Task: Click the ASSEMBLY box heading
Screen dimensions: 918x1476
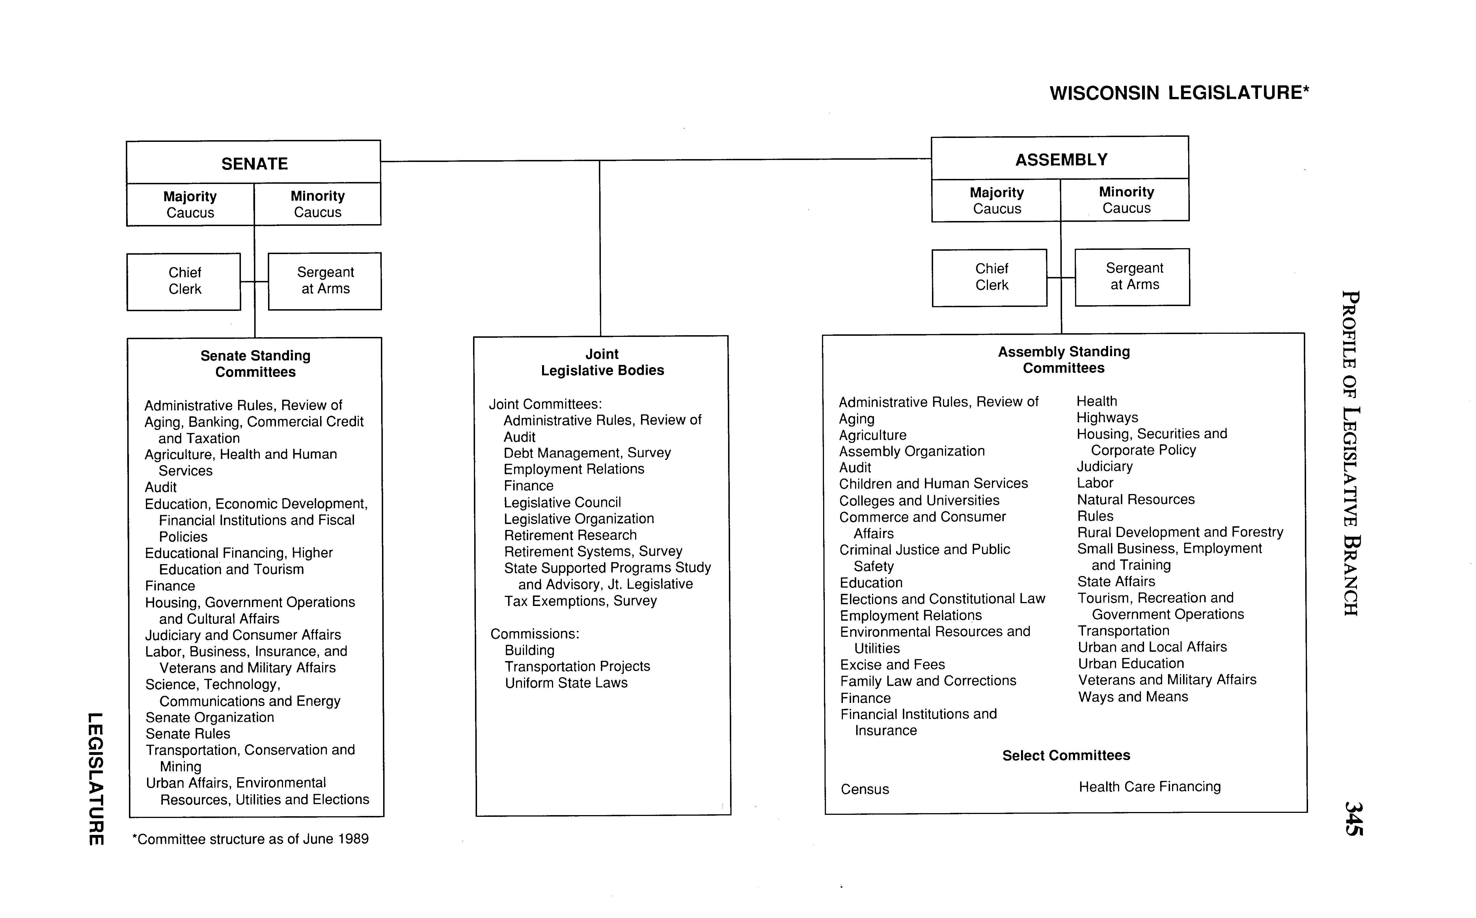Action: [x=1061, y=160]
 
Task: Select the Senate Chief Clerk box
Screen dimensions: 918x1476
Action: [x=184, y=281]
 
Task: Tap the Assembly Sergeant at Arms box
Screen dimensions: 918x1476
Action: [x=1133, y=277]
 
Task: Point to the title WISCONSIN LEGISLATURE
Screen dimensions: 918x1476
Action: [x=1178, y=93]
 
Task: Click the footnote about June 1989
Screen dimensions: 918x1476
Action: [x=250, y=839]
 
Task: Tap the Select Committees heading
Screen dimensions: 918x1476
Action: [x=1066, y=755]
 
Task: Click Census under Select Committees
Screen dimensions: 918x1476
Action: [x=864, y=789]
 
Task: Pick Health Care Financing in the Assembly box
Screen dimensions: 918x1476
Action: [x=1149, y=787]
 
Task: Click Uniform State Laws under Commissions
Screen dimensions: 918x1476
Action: [x=566, y=683]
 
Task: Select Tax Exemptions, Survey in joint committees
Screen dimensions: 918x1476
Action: [x=580, y=601]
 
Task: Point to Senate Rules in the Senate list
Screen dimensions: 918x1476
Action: [x=188, y=734]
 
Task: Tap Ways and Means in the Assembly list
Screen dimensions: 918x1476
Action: [x=1133, y=697]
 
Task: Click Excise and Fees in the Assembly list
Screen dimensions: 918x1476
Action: [x=892, y=665]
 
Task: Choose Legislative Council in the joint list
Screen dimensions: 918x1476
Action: [x=562, y=503]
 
